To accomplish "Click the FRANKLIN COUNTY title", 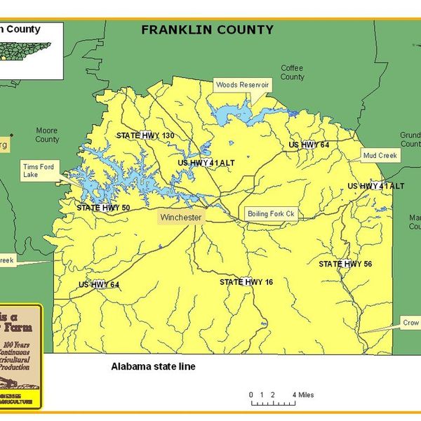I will click(x=207, y=29).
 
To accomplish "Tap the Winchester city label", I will click(x=180, y=218).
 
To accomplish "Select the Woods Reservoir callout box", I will click(x=242, y=84).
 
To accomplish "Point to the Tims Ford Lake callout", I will click(x=40, y=171).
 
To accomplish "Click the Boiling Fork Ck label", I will click(x=270, y=213).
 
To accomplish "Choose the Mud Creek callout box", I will click(x=380, y=154).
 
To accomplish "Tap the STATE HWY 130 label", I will click(x=145, y=135).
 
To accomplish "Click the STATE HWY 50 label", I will click(x=103, y=208).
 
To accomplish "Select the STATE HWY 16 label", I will click(x=246, y=281).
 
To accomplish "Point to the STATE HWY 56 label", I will click(x=345, y=264).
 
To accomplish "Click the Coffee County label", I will click(x=293, y=72).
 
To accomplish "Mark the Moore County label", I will click(x=47, y=135).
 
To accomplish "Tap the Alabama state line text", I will click(x=152, y=367).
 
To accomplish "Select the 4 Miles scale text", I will click(x=303, y=395).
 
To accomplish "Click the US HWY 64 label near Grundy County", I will click(x=309, y=145).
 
